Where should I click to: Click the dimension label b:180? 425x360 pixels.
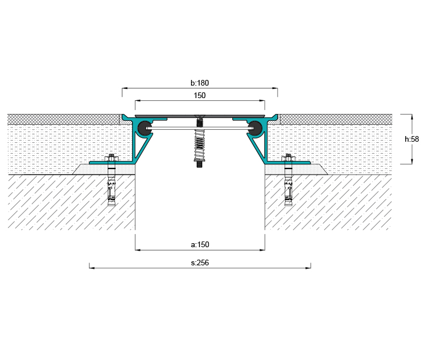coord(199,83)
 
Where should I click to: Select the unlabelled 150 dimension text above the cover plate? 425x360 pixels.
coord(199,95)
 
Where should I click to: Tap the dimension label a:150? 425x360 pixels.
coord(200,244)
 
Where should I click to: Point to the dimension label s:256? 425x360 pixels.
coord(200,262)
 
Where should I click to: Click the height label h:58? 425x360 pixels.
coord(412,139)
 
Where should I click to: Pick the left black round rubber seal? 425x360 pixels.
coord(144,128)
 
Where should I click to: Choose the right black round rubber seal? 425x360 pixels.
coord(255,128)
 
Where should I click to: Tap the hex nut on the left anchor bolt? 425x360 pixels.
coord(111,158)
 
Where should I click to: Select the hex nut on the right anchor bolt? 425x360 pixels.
coord(288,158)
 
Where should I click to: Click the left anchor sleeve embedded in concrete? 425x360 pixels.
coord(112,187)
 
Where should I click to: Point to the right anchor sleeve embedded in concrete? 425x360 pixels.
coord(288,187)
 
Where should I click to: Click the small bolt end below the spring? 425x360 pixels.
coord(199,164)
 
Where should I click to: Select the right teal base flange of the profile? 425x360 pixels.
coord(288,163)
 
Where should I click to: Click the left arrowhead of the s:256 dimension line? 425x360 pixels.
coord(92,268)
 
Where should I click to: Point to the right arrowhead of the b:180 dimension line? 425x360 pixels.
coord(275,88)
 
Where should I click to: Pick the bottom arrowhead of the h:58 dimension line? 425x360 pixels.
coord(412,162)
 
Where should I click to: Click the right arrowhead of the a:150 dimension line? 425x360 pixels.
coord(262,249)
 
